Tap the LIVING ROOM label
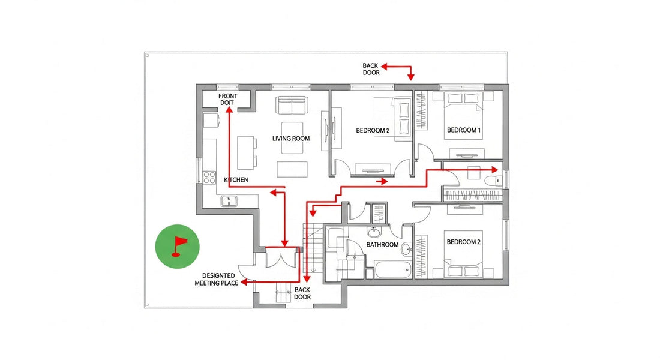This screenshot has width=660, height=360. pos(291,139)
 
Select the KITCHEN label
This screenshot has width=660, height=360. pos(236,180)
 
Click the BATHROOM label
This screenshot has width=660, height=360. pos(383,245)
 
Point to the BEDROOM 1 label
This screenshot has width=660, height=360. pos(464,130)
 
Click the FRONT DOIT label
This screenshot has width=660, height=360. pos(228,100)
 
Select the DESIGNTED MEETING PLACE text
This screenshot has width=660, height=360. pos(217,279)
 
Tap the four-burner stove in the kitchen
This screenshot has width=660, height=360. pos(209,177)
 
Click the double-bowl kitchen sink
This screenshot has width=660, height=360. pos(229,202)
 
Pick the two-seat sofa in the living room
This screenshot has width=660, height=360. pos(292,106)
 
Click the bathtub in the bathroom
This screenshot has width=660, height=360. pos(392,270)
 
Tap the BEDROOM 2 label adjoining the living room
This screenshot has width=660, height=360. pos(373,130)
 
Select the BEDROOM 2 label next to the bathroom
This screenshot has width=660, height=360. pos(464,242)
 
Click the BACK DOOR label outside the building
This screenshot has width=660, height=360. pos(371,69)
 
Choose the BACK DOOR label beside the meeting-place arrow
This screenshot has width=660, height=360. pos(302,293)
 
